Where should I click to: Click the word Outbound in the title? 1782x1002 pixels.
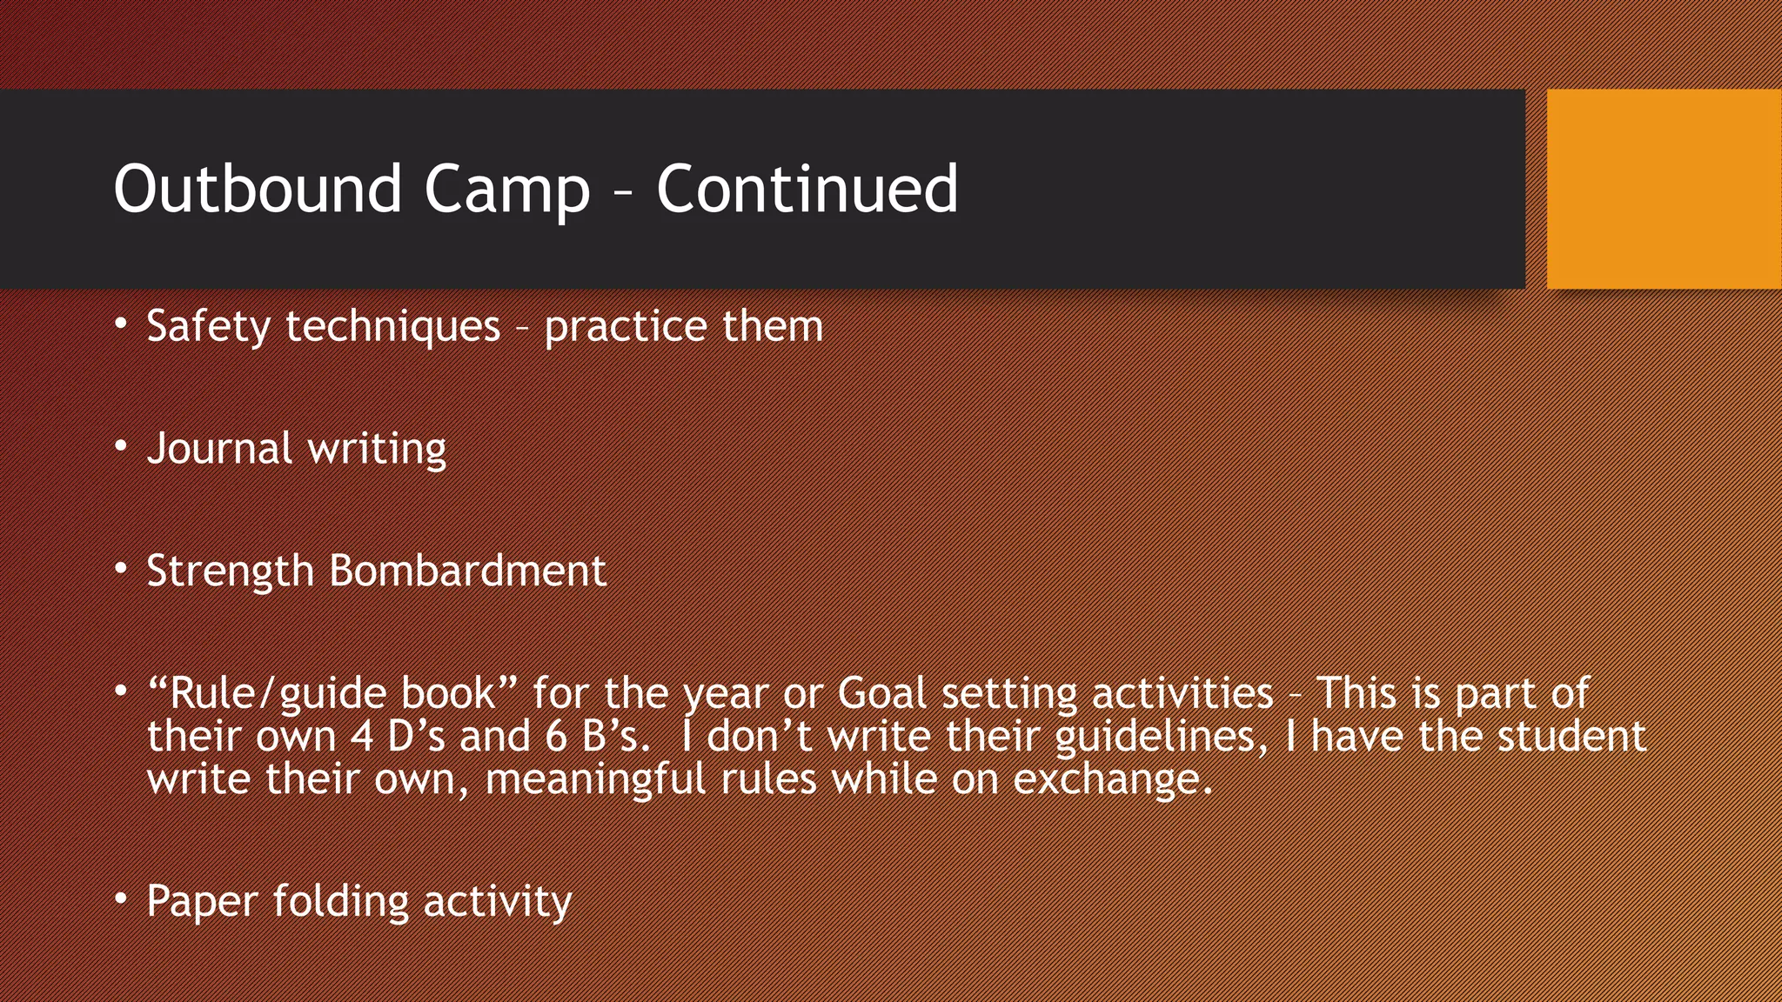tap(258, 189)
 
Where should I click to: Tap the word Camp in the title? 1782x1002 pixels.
tap(506, 189)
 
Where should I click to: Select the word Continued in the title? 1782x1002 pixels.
tap(807, 189)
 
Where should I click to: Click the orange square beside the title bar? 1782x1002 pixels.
tap(1664, 189)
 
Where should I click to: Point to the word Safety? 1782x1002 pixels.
tap(209, 327)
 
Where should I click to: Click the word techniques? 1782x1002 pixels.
tap(393, 327)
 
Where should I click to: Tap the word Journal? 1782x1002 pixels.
tap(219, 449)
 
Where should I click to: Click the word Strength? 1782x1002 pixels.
tap(230, 571)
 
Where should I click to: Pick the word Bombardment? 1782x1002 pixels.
tap(467, 571)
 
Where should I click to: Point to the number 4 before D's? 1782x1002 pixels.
tap(362, 737)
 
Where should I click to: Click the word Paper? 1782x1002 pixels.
tap(203, 901)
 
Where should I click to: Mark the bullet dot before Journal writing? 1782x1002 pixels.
tap(122, 447)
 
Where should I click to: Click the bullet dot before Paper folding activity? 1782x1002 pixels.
tap(122, 898)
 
